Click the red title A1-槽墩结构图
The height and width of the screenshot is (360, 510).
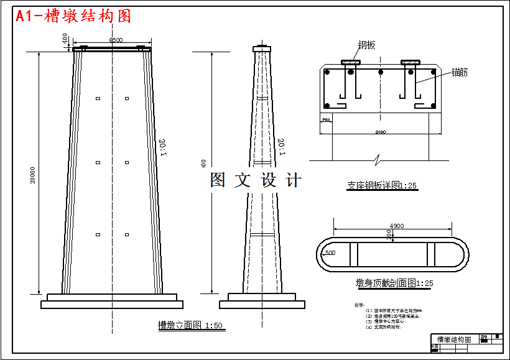(x=73, y=16)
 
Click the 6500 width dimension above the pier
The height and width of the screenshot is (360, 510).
(x=116, y=40)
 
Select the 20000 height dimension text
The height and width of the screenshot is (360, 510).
(x=33, y=175)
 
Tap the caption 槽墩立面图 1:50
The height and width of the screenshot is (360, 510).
(x=190, y=325)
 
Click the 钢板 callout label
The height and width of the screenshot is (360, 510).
(x=366, y=45)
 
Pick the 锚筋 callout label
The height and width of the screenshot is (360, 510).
(x=460, y=72)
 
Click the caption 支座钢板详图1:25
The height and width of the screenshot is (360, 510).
(x=381, y=185)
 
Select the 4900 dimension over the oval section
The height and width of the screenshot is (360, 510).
(x=396, y=226)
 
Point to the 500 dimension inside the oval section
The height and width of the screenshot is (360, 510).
(x=330, y=253)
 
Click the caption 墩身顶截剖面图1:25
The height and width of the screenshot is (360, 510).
(x=390, y=284)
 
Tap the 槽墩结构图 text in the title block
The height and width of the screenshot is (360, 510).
(x=454, y=339)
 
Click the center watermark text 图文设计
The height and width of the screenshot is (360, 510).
(x=256, y=180)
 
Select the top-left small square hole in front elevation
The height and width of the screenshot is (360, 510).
(x=98, y=98)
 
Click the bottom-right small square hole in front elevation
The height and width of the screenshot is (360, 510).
(x=126, y=234)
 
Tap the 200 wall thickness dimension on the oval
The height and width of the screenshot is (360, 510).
(x=389, y=234)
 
